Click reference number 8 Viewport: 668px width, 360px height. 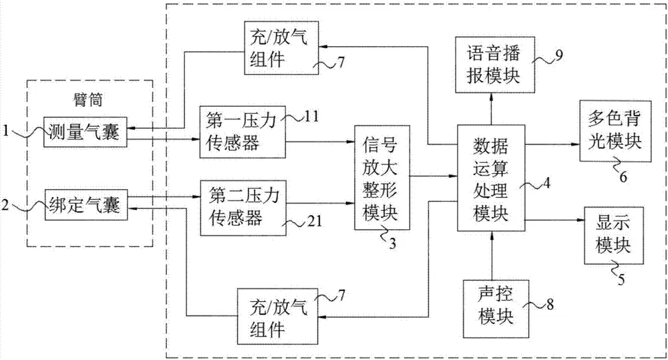pos(549,307)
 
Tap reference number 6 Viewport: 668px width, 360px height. pos(623,177)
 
